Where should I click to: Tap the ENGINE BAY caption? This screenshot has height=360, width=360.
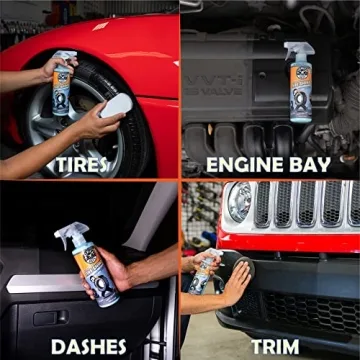click(270, 164)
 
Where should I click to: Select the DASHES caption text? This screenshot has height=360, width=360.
click(90, 346)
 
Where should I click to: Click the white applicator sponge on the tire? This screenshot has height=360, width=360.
click(117, 105)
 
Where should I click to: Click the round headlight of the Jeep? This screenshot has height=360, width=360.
click(239, 202)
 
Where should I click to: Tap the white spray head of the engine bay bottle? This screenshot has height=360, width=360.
click(297, 50)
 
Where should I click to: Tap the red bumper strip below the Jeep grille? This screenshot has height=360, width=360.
click(290, 241)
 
